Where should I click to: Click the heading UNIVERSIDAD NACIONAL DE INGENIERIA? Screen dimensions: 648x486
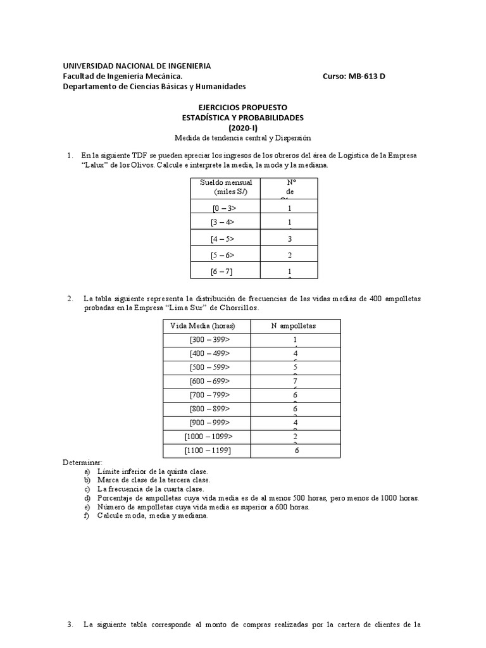(x=137, y=66)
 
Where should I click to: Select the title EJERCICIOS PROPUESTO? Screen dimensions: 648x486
(x=243, y=108)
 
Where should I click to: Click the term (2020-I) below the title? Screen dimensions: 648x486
(x=243, y=127)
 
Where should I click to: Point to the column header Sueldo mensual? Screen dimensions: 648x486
(x=225, y=183)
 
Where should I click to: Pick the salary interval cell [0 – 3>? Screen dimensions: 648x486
(x=225, y=208)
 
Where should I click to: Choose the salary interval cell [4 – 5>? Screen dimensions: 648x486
(x=222, y=239)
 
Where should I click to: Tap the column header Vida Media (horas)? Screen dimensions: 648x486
(x=202, y=325)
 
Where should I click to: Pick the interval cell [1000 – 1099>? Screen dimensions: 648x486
(x=209, y=437)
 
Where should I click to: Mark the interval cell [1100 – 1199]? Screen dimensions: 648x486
(x=209, y=451)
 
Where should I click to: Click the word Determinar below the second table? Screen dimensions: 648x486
(x=82, y=463)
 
